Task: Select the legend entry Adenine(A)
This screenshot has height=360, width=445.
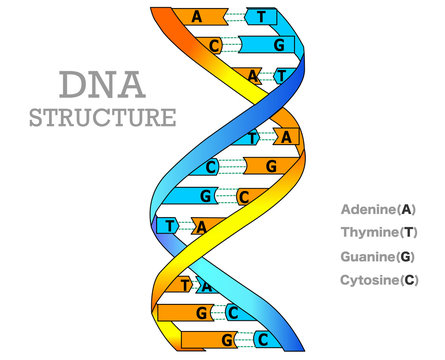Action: [377, 210]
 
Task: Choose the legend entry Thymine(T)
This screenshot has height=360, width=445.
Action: [377, 233]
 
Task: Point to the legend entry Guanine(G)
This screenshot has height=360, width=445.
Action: [377, 257]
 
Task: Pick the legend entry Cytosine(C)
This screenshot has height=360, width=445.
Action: [377, 280]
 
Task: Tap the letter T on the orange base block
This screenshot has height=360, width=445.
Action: [185, 285]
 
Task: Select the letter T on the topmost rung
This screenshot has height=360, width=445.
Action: [262, 17]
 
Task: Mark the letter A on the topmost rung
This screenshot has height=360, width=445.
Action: [196, 17]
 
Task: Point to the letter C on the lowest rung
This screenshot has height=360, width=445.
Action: [263, 339]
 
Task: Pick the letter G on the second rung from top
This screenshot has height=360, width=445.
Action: [279, 46]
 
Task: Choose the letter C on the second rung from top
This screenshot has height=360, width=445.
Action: [214, 45]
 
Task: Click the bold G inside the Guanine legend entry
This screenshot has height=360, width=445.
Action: [406, 257]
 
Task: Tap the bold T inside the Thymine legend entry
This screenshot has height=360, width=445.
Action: [407, 233]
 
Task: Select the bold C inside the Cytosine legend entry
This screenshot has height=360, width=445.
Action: [408, 280]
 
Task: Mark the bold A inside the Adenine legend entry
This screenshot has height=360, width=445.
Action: [405, 210]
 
